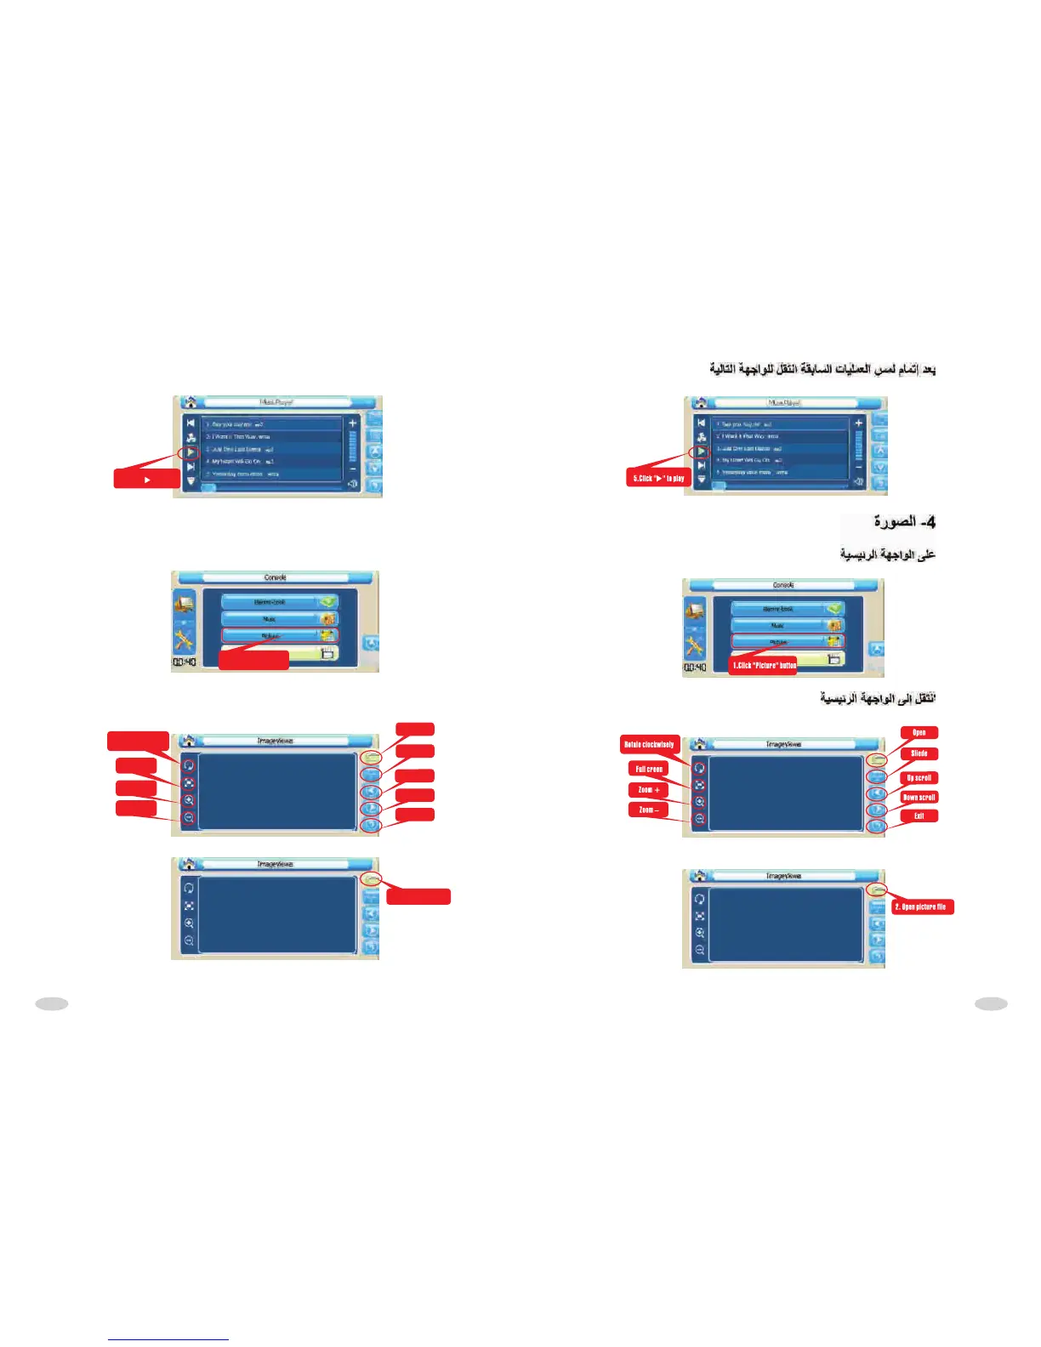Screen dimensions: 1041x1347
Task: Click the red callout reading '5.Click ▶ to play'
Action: [658, 478]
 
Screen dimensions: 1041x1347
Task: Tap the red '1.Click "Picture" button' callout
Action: [764, 665]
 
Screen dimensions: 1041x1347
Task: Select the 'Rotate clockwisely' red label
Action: [650, 745]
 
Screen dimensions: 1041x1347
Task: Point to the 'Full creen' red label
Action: [649, 769]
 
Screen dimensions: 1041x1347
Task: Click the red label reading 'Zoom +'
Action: [649, 790]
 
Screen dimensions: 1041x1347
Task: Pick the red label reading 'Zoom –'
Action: [648, 810]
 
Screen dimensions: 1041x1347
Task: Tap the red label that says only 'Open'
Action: [919, 732]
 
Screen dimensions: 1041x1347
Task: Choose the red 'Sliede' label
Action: [919, 753]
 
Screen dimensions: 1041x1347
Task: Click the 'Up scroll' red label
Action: [919, 777]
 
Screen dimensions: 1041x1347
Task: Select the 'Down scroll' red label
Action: [919, 797]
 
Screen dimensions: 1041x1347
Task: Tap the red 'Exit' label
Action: [919, 816]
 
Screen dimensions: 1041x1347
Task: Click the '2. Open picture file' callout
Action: [921, 907]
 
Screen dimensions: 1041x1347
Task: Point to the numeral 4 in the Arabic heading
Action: [930, 521]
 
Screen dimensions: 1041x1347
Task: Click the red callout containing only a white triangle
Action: [147, 480]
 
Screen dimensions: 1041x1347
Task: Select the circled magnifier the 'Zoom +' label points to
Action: [700, 802]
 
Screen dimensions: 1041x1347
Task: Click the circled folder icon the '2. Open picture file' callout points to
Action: [878, 889]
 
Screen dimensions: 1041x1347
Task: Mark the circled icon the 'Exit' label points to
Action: [876, 826]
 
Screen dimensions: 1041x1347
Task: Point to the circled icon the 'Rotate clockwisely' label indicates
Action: [700, 767]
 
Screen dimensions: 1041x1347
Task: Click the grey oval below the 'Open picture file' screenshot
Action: [991, 1003]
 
